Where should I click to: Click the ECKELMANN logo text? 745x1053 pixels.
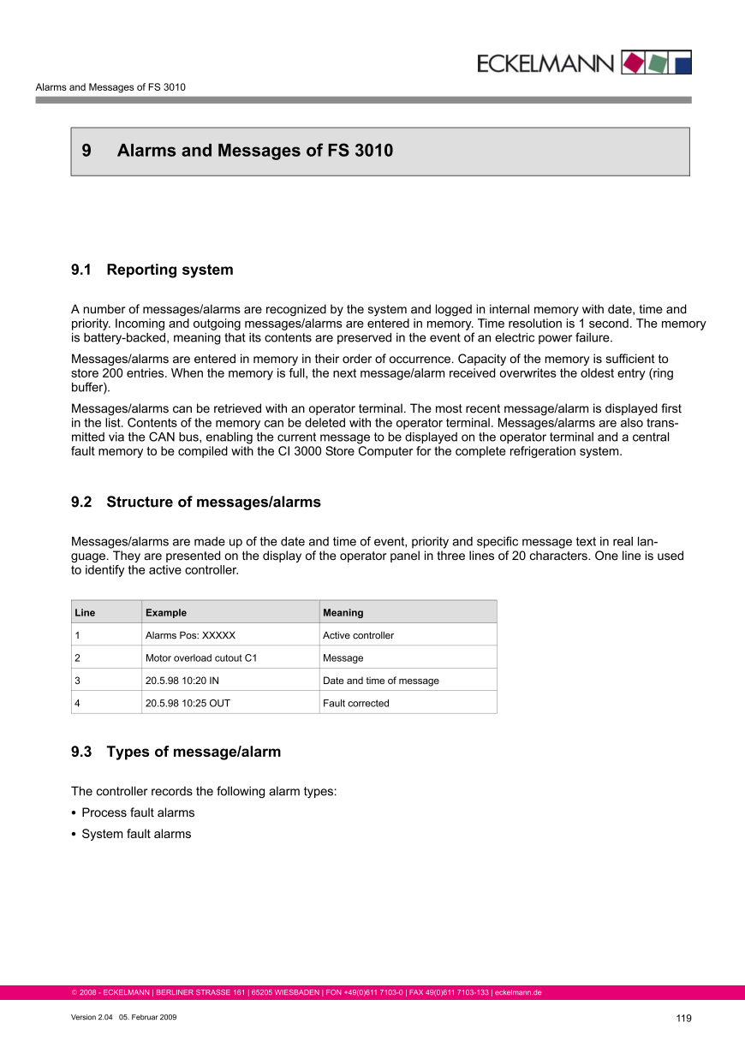coord(545,63)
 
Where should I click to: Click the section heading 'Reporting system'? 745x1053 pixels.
coord(170,270)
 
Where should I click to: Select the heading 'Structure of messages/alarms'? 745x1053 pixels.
coord(213,502)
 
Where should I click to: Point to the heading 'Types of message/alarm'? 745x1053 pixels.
coord(194,752)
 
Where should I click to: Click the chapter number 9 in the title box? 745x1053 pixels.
coord(86,151)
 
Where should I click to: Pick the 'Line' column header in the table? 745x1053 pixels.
coord(85,612)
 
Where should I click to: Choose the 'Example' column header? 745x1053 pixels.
coord(166,612)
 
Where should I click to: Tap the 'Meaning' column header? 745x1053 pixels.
coord(343,612)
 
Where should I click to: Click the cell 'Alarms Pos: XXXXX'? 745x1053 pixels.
coord(190,635)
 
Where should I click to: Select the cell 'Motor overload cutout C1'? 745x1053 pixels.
coord(201,657)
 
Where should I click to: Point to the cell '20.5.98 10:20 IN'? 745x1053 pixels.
coord(182,681)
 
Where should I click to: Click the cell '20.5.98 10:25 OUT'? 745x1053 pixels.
coord(188,703)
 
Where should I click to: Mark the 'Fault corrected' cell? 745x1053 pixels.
coord(355,703)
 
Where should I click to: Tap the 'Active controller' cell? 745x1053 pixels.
coord(358,635)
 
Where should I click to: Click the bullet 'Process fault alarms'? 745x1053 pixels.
coord(138,812)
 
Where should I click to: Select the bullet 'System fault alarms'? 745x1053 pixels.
coord(136,834)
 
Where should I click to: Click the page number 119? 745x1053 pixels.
coord(682,1018)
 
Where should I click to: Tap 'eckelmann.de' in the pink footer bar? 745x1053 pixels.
coord(518,993)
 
